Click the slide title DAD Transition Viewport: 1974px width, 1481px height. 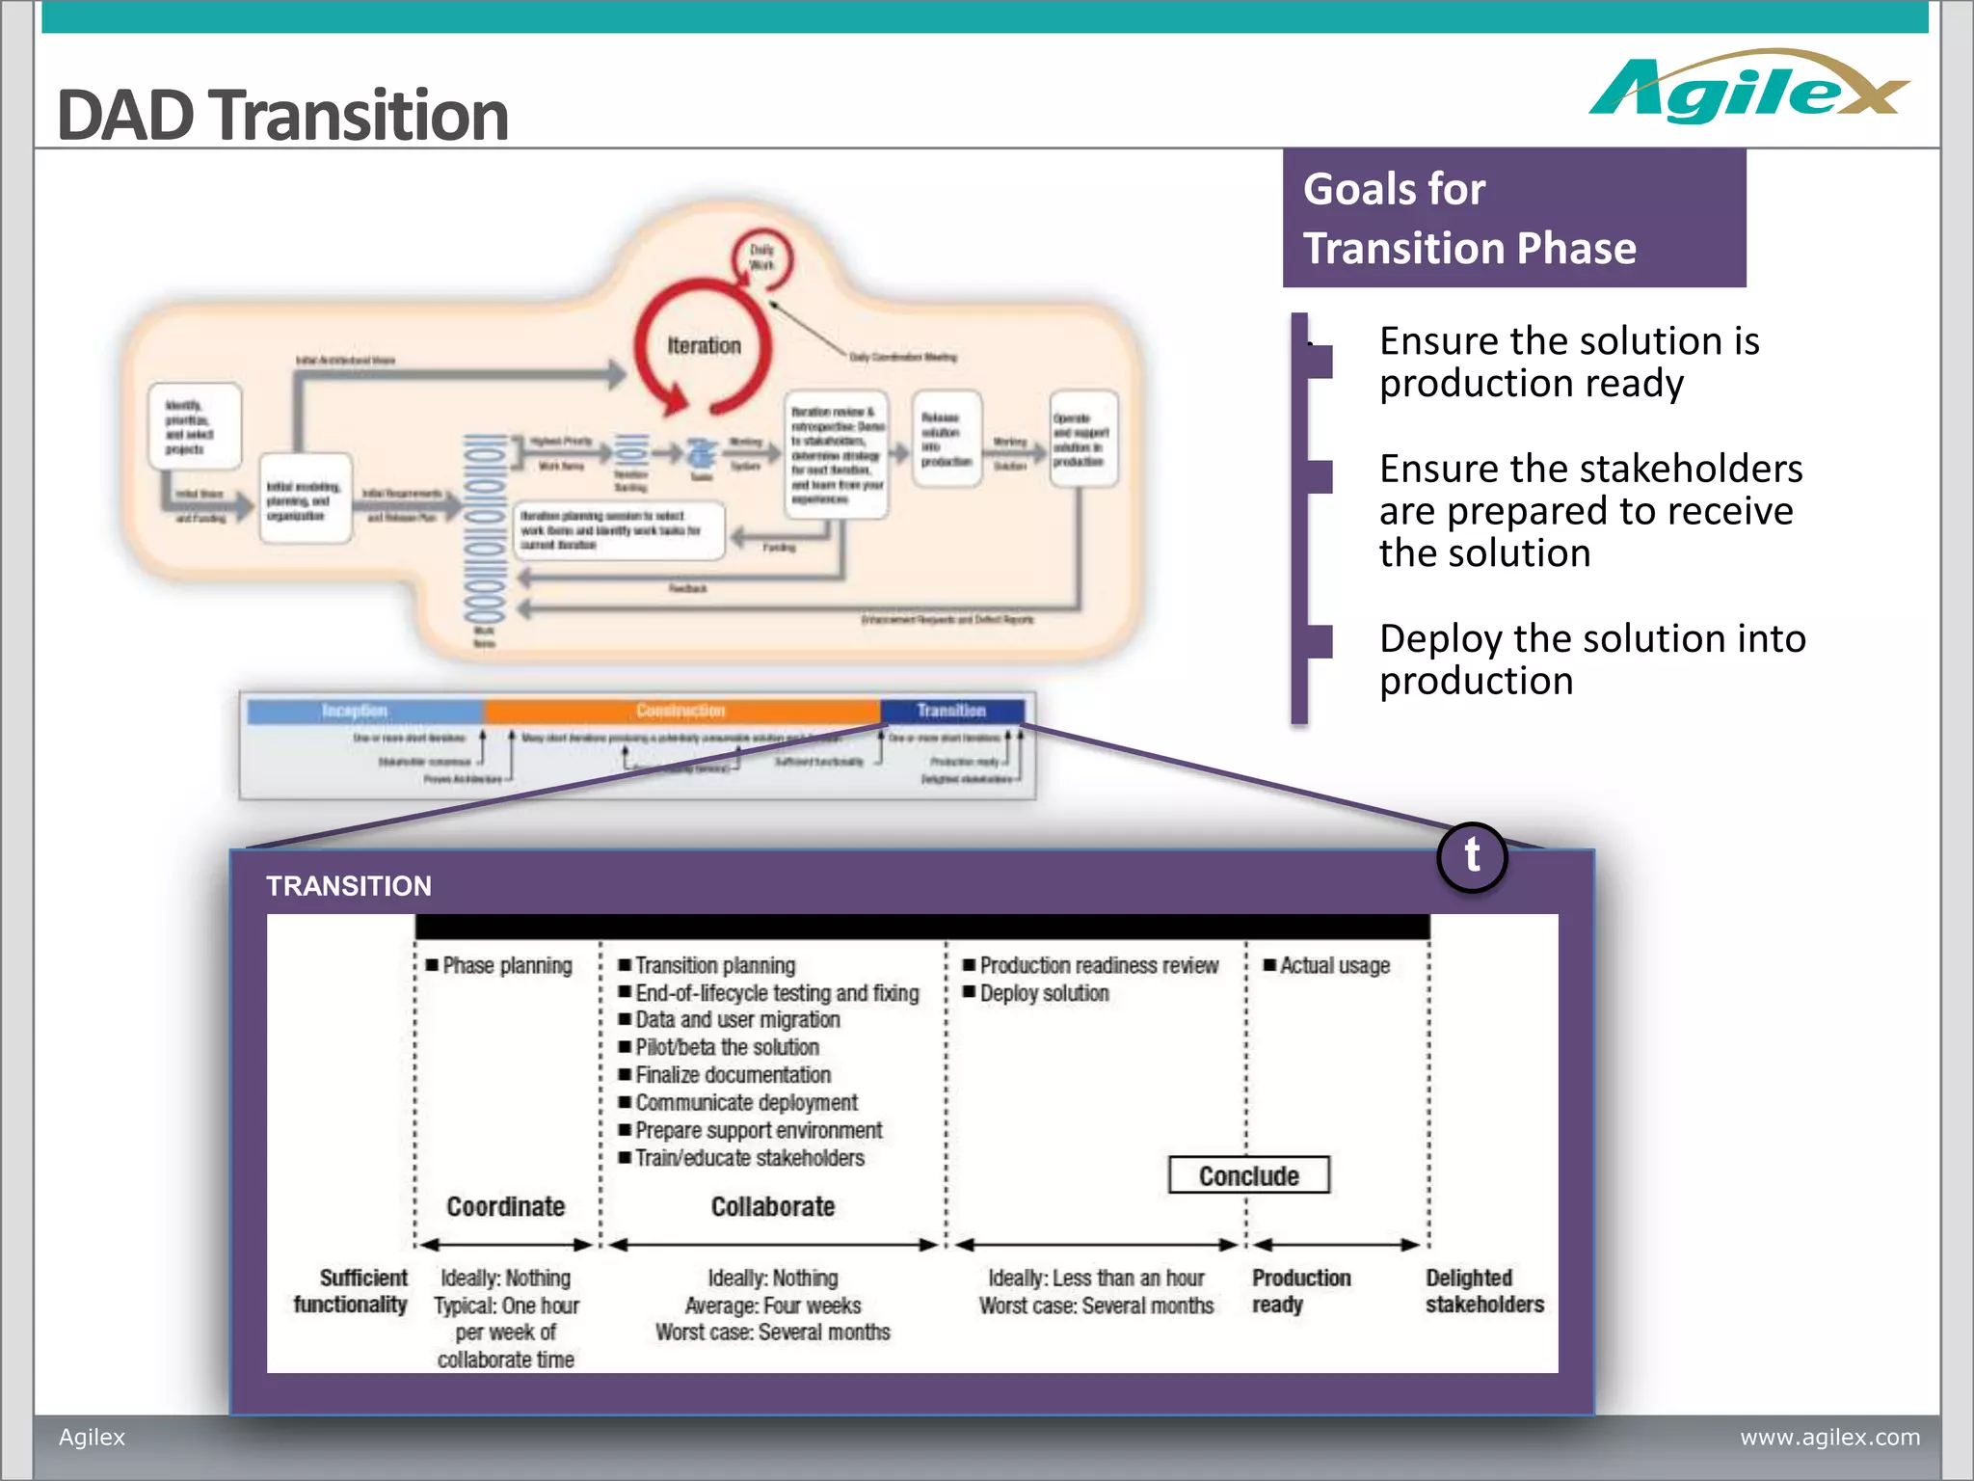(x=282, y=116)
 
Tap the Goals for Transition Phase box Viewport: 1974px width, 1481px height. (x=1513, y=218)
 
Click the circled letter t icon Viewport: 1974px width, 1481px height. (x=1472, y=856)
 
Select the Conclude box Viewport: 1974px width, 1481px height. (x=1248, y=1175)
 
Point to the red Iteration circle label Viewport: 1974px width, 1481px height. (x=704, y=345)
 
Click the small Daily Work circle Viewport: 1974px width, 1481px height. (x=762, y=257)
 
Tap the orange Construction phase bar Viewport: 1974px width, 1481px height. (x=680, y=711)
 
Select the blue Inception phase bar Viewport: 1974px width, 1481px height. (x=364, y=711)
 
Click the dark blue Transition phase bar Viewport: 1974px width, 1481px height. (x=951, y=711)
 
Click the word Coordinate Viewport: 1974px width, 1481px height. (x=505, y=1206)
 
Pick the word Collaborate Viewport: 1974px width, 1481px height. (x=772, y=1206)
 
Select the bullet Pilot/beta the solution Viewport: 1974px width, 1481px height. (x=727, y=1047)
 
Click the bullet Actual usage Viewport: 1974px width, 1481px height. (x=1334, y=965)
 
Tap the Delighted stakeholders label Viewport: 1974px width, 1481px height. (x=1483, y=1291)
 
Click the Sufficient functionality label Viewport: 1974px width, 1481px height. (x=352, y=1291)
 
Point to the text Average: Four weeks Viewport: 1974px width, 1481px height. (x=772, y=1306)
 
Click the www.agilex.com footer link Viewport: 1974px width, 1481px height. (x=1828, y=1437)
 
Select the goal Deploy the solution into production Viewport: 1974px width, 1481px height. (x=1591, y=660)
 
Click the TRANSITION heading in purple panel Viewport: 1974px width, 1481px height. (x=349, y=886)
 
